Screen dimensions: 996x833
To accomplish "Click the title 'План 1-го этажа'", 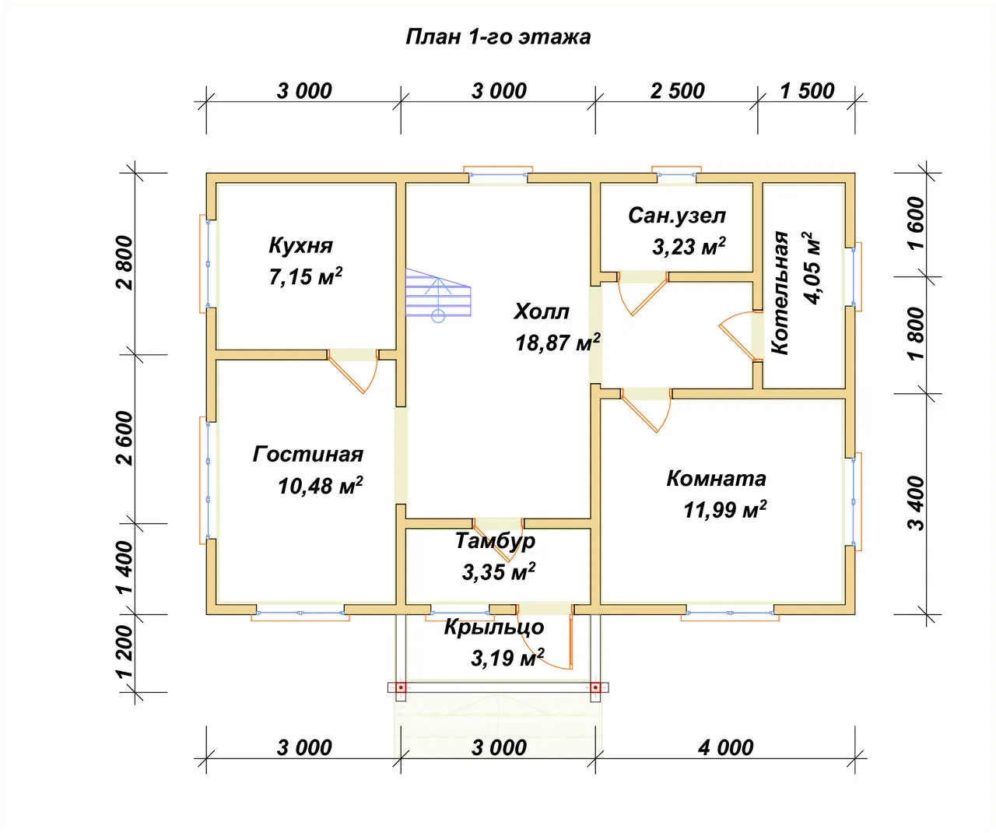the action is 498,37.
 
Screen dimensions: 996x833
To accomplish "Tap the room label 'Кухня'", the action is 300,245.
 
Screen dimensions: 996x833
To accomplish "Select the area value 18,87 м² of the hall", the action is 558,343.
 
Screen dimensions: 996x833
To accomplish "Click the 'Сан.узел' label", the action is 677,216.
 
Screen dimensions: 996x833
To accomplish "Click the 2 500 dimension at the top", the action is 677,91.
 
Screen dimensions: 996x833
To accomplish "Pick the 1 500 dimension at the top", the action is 807,91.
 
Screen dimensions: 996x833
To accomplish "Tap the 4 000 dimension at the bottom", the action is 725,747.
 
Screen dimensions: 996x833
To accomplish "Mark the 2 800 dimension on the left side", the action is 125,262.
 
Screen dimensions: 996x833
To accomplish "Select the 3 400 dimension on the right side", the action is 917,503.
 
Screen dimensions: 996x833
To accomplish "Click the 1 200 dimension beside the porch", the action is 125,652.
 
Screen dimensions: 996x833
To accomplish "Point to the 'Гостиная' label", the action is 308,454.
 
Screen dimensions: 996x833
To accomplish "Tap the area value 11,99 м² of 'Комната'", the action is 725,509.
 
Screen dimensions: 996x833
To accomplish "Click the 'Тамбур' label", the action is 495,541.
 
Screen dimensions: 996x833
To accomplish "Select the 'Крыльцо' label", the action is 494,627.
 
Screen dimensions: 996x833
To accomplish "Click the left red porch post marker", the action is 402,688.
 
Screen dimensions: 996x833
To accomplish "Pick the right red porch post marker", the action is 595,688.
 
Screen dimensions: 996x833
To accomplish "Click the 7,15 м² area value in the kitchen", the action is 305,276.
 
